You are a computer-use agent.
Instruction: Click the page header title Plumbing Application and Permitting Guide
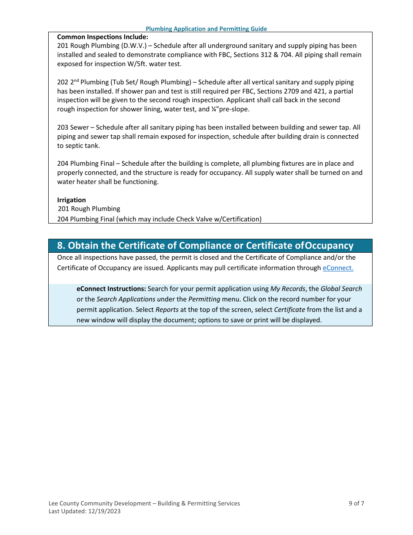click(x=206, y=29)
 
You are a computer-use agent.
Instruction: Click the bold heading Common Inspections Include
click(x=103, y=37)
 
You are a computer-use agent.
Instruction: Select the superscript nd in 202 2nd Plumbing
click(x=77, y=80)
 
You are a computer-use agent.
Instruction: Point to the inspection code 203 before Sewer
click(x=63, y=127)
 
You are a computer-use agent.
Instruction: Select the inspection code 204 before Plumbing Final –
click(x=63, y=164)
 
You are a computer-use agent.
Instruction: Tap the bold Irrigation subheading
click(x=71, y=200)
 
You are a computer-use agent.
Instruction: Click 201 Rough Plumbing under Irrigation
click(x=89, y=209)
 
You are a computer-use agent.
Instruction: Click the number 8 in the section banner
click(x=61, y=246)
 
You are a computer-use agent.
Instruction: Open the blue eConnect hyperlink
click(x=338, y=268)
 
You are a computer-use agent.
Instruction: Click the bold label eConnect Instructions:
click(x=111, y=289)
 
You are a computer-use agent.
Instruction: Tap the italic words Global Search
click(x=341, y=289)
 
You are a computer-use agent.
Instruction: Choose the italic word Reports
click(x=167, y=310)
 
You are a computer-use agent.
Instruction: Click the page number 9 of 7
click(x=356, y=503)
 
